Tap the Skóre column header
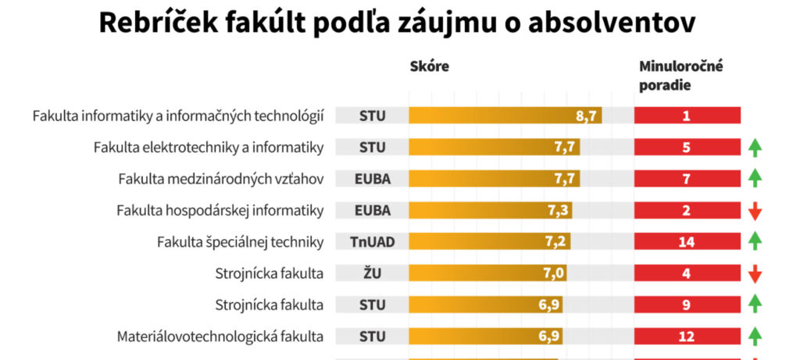click(429, 66)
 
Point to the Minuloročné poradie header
click(681, 75)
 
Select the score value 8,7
click(587, 116)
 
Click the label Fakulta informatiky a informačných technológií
click(178, 116)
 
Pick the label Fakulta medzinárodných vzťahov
click(221, 179)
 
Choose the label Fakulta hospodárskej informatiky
click(220, 210)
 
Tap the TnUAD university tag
click(373, 241)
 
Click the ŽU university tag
click(373, 273)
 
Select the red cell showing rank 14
click(687, 241)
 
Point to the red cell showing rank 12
click(687, 337)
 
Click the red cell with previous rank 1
click(687, 116)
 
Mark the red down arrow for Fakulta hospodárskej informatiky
click(755, 211)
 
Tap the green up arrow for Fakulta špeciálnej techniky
click(755, 241)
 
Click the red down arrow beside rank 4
click(755, 274)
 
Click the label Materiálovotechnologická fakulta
click(220, 337)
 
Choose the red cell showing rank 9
click(687, 305)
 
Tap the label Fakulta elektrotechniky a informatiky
click(209, 147)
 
